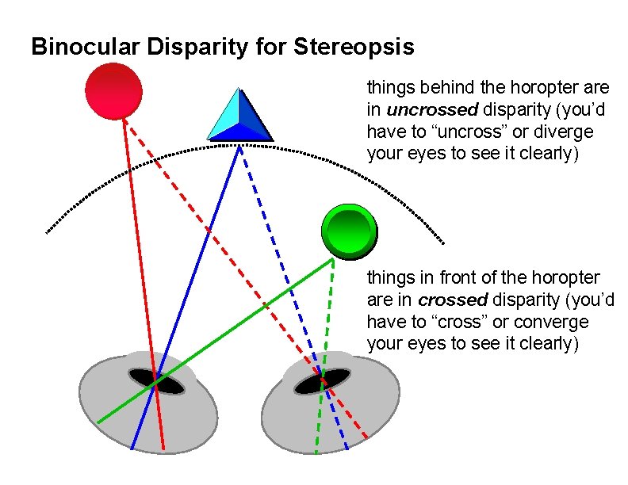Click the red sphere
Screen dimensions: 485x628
[113, 90]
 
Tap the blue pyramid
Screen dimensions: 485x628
[239, 117]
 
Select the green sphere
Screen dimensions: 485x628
[349, 231]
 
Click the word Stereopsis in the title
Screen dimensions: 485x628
[354, 48]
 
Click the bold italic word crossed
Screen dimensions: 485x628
[452, 300]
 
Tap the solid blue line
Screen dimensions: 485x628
[198, 262]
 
